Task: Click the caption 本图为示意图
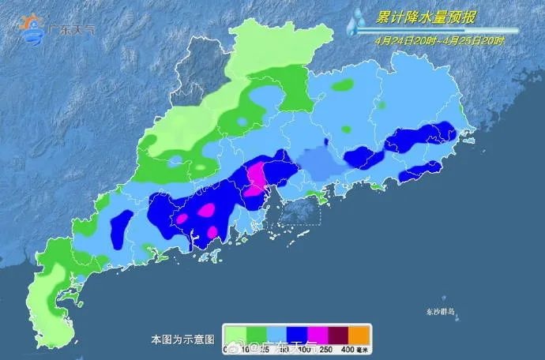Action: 182,339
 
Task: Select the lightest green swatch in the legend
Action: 234,332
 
